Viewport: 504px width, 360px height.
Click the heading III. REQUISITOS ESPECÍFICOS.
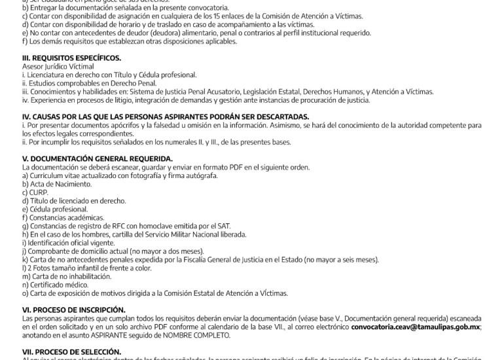(62, 58)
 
